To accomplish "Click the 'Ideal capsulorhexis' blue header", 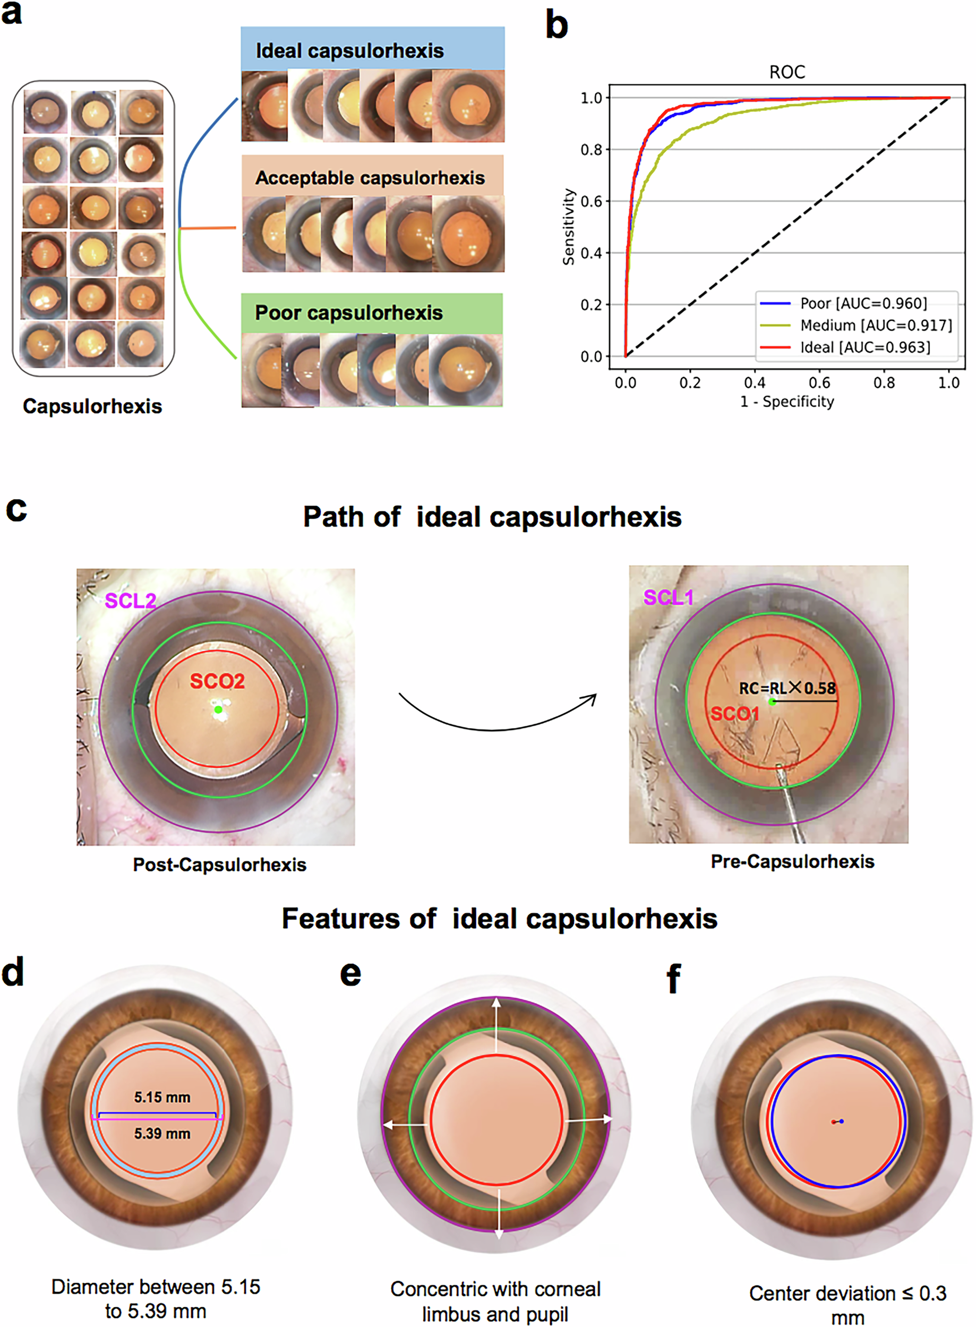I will pyautogui.click(x=349, y=51).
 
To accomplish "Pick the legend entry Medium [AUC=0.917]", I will pyautogui.click(x=876, y=325).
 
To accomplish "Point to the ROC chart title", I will pyautogui.click(x=786, y=72).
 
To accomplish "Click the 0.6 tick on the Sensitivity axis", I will pyautogui.click(x=591, y=201).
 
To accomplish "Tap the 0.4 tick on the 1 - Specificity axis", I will pyautogui.click(x=755, y=383).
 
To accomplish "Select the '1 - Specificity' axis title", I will pyautogui.click(x=786, y=402).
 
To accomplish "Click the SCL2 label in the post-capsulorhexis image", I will pyautogui.click(x=130, y=601).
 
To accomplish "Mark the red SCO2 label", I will pyautogui.click(x=217, y=681).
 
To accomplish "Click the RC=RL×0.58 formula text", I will pyautogui.click(x=787, y=688).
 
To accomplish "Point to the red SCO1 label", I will pyautogui.click(x=734, y=714).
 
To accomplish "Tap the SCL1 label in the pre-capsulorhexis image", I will pyautogui.click(x=667, y=597).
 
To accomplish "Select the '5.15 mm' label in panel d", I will pyautogui.click(x=162, y=1097).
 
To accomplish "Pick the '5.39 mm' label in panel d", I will pyautogui.click(x=162, y=1133).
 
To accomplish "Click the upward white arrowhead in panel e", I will pyautogui.click(x=497, y=1003).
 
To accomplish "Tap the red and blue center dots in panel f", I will pyautogui.click(x=837, y=1121).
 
